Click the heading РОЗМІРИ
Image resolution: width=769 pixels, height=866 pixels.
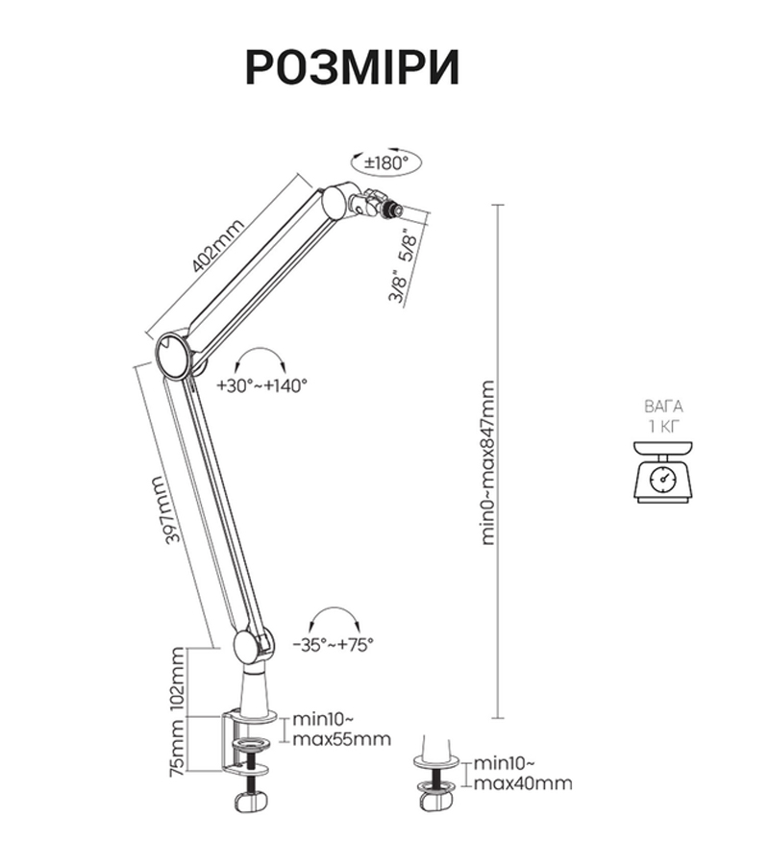click(352, 67)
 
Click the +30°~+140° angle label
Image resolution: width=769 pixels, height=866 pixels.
click(261, 385)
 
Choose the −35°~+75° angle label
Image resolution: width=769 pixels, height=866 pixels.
click(335, 645)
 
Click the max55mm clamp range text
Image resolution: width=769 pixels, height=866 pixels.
click(342, 739)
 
